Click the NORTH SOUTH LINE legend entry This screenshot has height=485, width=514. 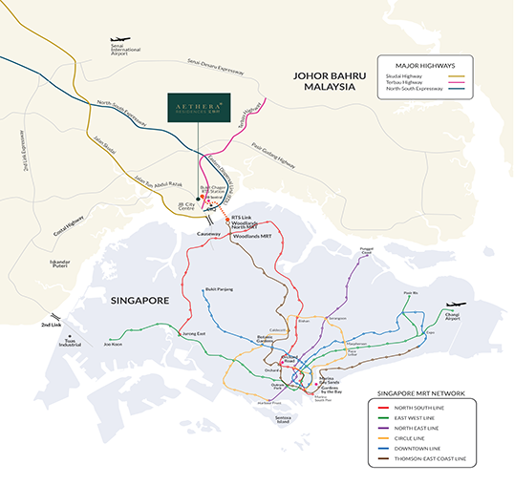click(x=411, y=408)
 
